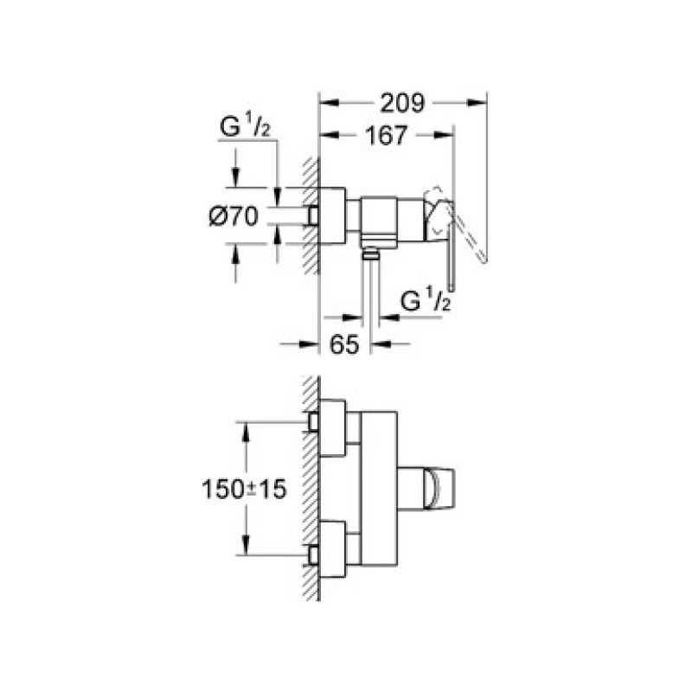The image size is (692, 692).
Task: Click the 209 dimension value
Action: [x=403, y=104]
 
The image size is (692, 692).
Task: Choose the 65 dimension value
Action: [x=344, y=344]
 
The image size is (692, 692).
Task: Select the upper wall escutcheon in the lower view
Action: [x=332, y=426]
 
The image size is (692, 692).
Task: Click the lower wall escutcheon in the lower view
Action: [x=332, y=549]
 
